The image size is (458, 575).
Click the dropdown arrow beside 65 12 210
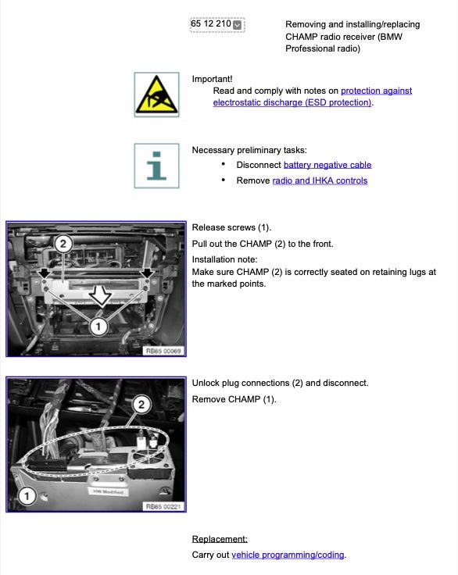pyautogui.click(x=238, y=25)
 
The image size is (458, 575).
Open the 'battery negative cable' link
pyautogui.click(x=327, y=165)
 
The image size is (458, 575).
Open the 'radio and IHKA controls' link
pyautogui.click(x=319, y=180)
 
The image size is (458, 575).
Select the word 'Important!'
pyautogui.click(x=212, y=79)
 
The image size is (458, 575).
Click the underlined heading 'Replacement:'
pyautogui.click(x=220, y=539)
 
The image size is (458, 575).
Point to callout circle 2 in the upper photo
pyautogui.click(x=65, y=245)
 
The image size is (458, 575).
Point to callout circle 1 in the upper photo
pyautogui.click(x=97, y=327)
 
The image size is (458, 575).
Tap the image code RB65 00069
pyautogui.click(x=163, y=351)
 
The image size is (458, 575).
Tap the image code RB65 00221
pyautogui.click(x=163, y=506)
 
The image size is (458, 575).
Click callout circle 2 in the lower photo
pyautogui.click(x=141, y=404)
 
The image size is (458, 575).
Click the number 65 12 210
pyautogui.click(x=210, y=24)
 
